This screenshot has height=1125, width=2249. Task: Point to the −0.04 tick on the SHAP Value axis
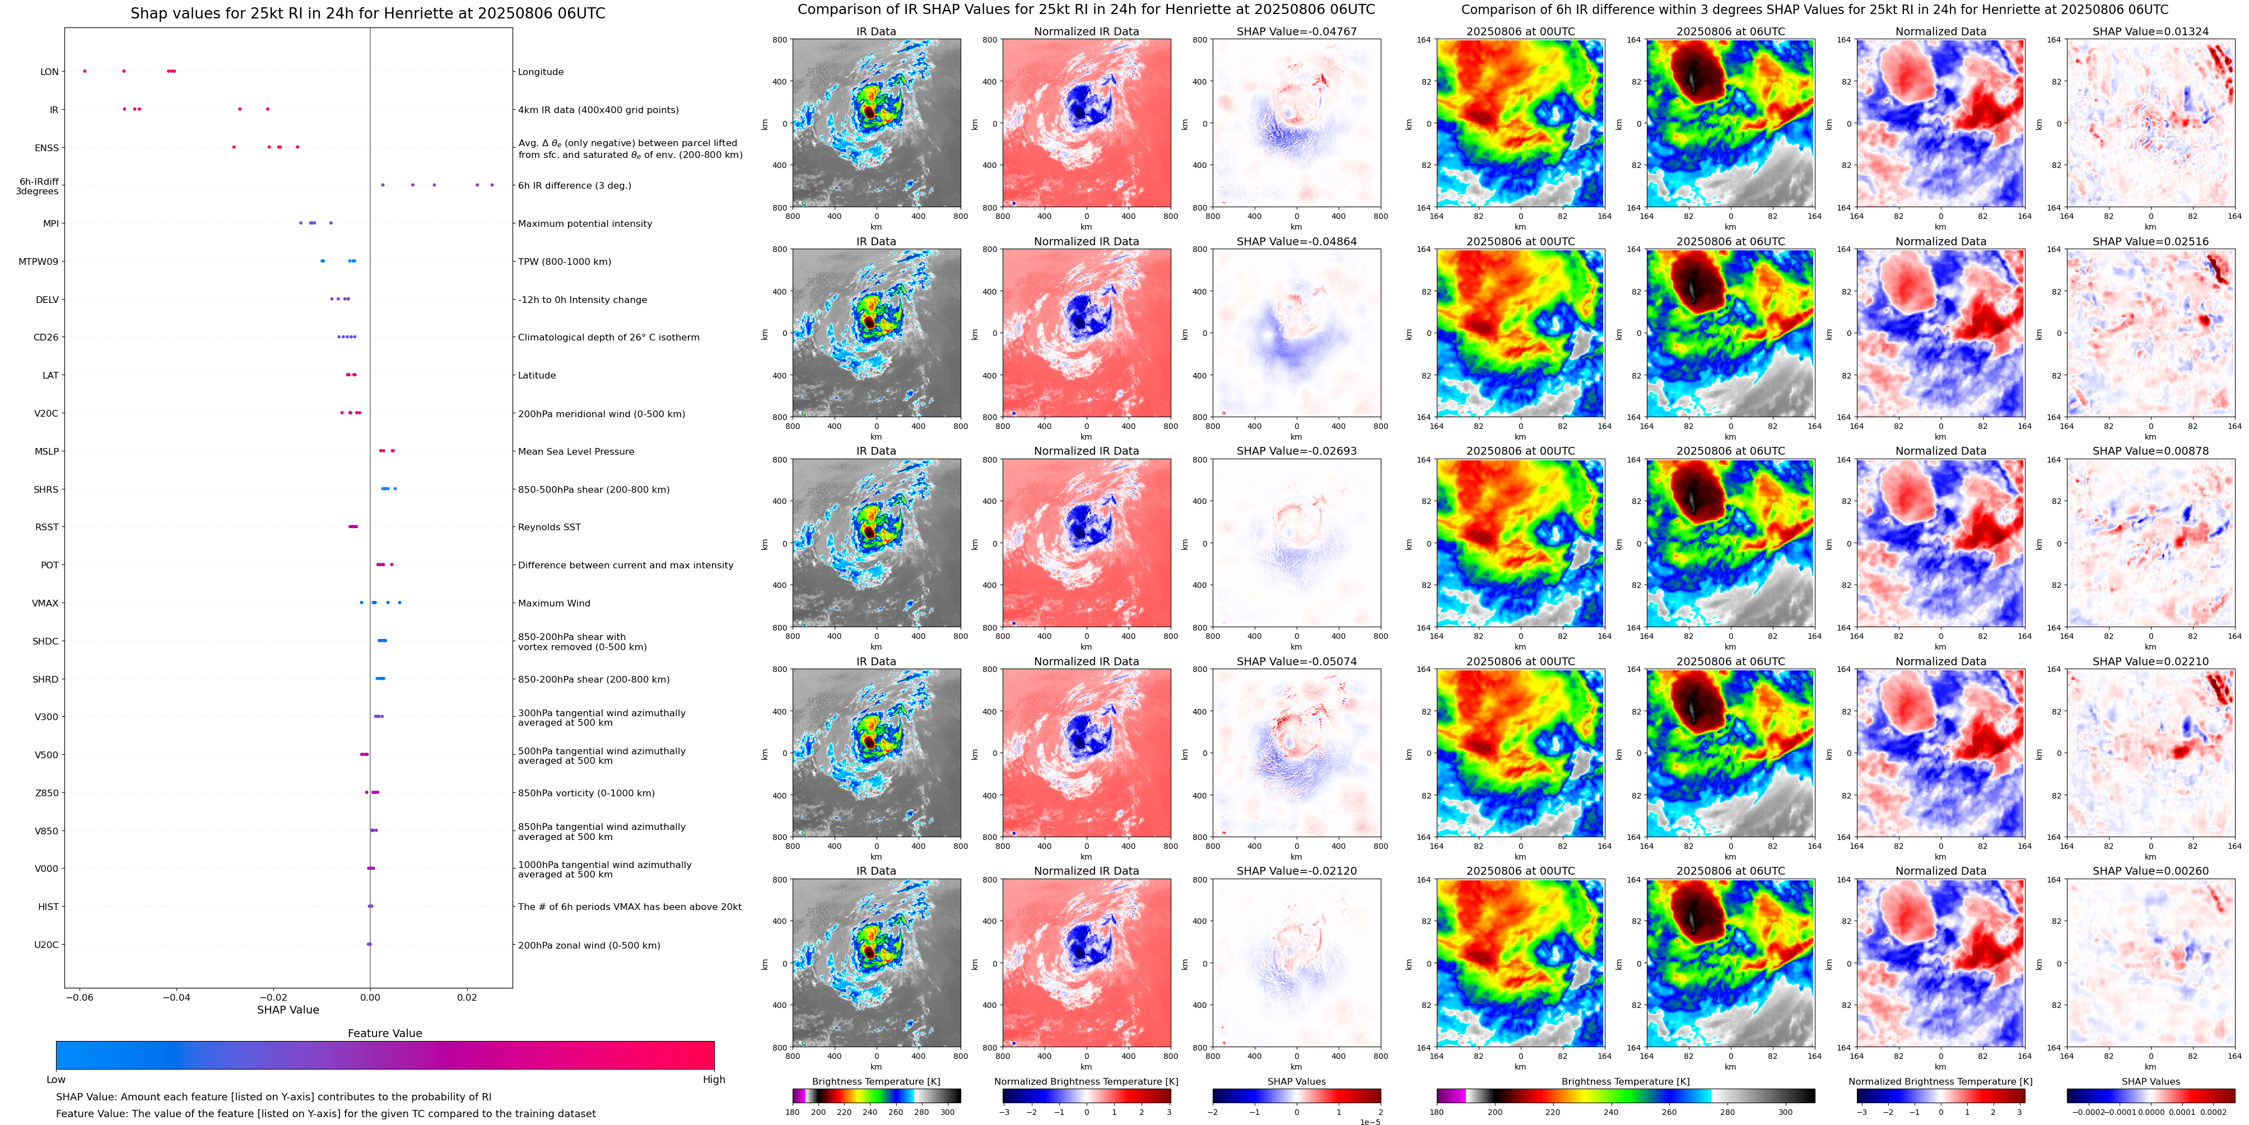[176, 997]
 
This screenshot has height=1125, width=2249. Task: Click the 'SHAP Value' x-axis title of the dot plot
[287, 1010]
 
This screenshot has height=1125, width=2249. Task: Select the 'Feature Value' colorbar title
[384, 1033]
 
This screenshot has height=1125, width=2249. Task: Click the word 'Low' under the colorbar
[56, 1080]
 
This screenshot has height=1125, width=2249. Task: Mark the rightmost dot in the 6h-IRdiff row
[492, 185]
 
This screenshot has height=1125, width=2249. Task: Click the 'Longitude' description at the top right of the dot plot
[541, 72]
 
